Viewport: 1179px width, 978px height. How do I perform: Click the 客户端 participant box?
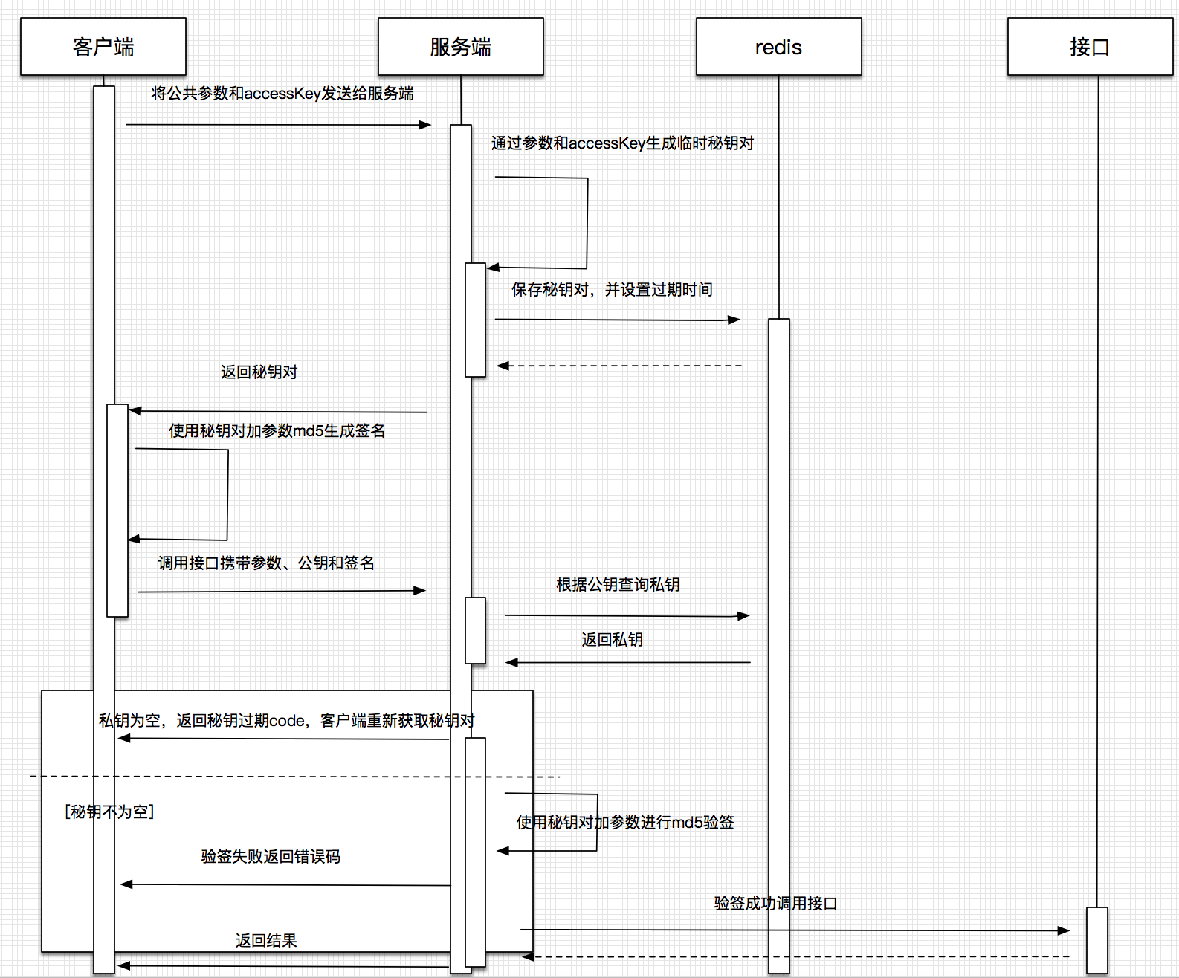[x=103, y=47]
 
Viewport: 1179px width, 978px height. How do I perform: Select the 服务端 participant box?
[x=460, y=47]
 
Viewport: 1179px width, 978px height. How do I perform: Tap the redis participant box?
[x=778, y=47]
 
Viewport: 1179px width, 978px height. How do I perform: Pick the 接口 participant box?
[x=1090, y=47]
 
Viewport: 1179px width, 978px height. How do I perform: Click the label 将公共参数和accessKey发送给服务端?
[x=282, y=94]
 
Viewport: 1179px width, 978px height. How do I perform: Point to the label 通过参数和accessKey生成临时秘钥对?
[x=622, y=143]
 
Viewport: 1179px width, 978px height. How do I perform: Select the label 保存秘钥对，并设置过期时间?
[x=612, y=290]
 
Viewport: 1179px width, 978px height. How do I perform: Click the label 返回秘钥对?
[x=259, y=372]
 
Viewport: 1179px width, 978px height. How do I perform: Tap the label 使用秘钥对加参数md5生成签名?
[x=277, y=431]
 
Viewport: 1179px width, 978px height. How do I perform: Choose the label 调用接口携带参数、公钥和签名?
[x=266, y=563]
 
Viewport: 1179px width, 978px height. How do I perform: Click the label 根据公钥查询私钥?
[x=618, y=585]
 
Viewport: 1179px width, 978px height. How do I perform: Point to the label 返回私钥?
[x=612, y=640]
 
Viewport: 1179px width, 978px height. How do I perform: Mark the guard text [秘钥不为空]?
[x=109, y=812]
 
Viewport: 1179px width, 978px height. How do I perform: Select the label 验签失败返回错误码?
[x=271, y=857]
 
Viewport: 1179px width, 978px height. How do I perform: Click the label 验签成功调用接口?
[x=775, y=904]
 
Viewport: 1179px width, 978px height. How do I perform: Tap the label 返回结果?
[x=266, y=941]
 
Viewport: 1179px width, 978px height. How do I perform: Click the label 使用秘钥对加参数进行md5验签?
[x=625, y=823]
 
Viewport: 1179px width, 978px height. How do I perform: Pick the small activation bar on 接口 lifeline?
[x=1096, y=939]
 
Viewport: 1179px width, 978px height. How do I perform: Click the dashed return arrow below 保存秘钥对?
[x=619, y=366]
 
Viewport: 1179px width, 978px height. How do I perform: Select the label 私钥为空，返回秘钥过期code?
[x=286, y=721]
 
